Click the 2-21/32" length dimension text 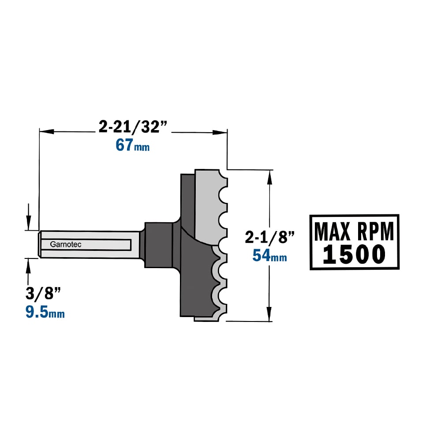point(133,127)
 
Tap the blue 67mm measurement point(132,145)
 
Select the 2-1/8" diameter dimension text point(269,237)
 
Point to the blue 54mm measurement point(269,255)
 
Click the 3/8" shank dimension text point(43,293)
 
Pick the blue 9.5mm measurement point(45,312)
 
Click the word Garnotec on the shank point(66,244)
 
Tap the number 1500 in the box point(354,254)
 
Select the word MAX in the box point(332,232)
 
